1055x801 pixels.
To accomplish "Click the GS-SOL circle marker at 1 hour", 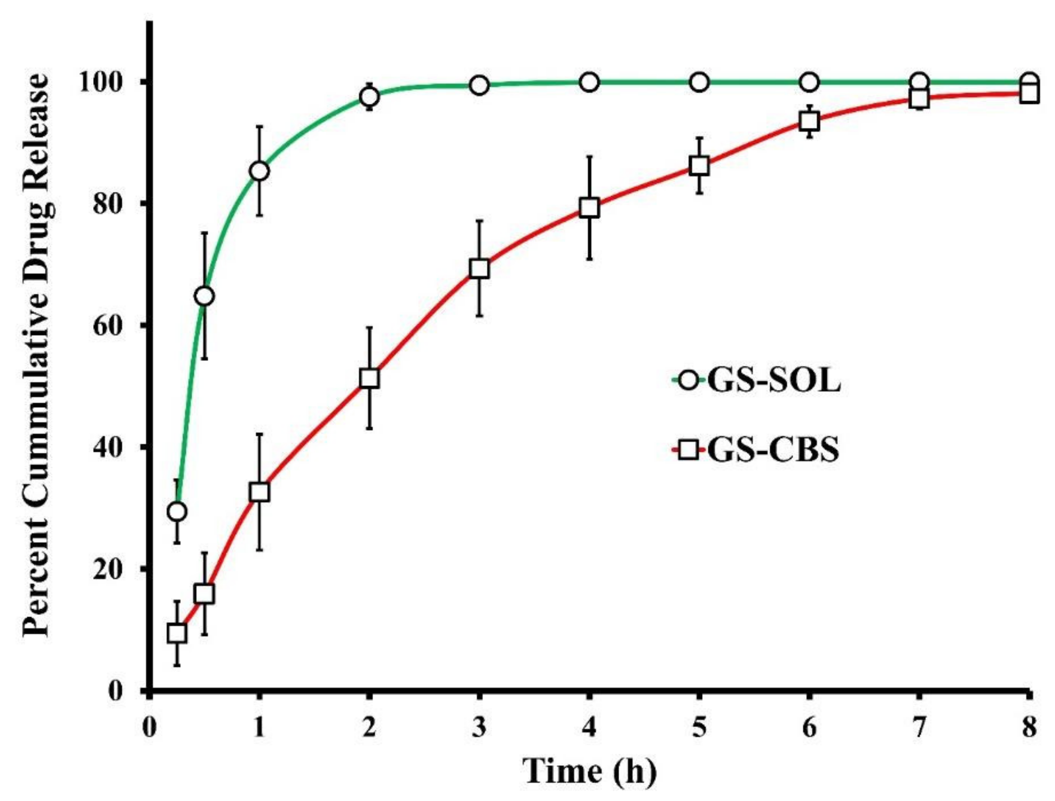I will tap(259, 171).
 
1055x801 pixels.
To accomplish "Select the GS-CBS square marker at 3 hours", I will tap(479, 269).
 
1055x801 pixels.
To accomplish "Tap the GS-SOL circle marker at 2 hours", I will tap(369, 97).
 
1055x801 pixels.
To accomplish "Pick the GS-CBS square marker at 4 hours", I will tap(590, 208).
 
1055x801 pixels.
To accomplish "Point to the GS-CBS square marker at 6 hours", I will tap(809, 121).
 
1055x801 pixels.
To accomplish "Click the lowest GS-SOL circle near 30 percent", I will tap(177, 512).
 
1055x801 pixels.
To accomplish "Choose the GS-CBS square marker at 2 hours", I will tap(369, 378).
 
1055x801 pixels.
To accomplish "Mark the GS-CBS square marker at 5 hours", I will tap(699, 166).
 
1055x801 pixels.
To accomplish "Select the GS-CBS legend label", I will tap(773, 449).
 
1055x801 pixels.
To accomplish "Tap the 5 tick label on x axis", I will tap(699, 727).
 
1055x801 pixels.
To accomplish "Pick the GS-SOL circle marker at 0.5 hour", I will tap(204, 296).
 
